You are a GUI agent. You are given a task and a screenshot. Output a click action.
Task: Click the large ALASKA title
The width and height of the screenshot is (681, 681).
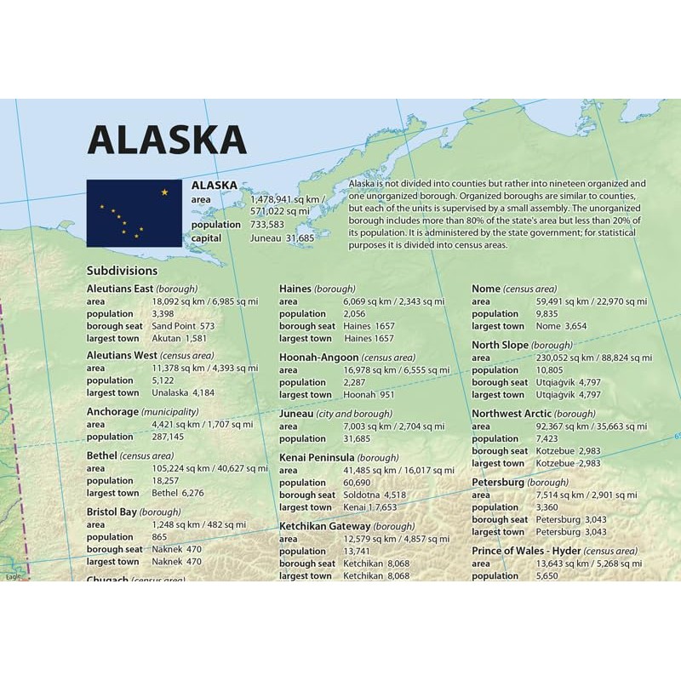(167, 139)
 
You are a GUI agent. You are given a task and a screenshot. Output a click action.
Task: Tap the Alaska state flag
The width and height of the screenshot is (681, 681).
(134, 213)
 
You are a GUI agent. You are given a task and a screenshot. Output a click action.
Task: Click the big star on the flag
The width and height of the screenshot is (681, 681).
(164, 192)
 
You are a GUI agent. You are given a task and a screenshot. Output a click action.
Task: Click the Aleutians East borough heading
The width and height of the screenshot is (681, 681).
(142, 289)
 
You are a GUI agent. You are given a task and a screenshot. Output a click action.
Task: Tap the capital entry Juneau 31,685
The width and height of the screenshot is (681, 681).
(282, 238)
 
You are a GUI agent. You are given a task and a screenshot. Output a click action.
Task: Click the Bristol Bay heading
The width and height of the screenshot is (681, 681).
(134, 512)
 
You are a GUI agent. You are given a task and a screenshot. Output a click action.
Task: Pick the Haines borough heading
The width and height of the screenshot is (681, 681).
(317, 289)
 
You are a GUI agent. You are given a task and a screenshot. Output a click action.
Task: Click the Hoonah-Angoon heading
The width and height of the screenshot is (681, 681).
(347, 358)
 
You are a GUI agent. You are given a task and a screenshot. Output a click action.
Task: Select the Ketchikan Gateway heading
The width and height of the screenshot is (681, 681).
(347, 526)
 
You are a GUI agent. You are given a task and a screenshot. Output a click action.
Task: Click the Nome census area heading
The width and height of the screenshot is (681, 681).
(514, 289)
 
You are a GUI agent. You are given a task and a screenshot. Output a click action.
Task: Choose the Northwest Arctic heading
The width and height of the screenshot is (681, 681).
(534, 414)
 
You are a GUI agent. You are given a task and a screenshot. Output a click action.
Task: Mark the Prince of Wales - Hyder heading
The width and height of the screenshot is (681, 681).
(554, 551)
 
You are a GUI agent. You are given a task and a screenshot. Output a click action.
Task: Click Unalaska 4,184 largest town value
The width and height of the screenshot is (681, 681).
(183, 393)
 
